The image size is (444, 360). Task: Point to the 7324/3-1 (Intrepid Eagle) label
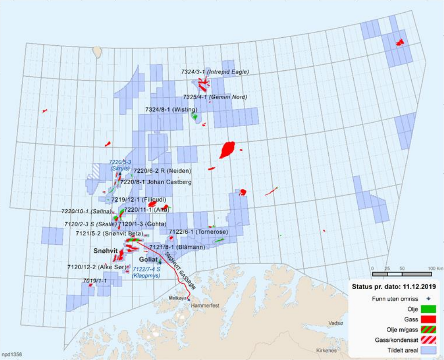215,72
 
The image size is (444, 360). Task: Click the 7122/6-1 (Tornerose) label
198,232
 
